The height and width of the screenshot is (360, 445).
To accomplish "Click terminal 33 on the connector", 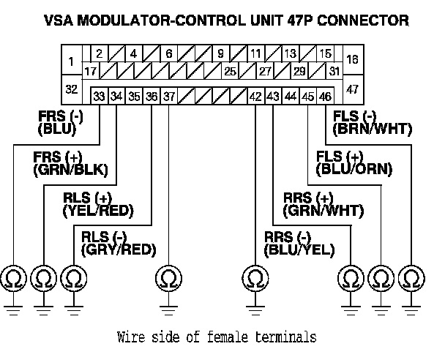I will pos(99,96).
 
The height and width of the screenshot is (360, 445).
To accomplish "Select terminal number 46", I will pos(326,96).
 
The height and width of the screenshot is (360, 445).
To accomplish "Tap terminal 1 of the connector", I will pos(70,61).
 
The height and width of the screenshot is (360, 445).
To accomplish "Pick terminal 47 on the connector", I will pos(352,89).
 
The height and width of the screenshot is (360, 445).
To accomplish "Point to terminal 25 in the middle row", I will pos(230,72).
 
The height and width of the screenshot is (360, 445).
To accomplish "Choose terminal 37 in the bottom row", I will pos(169,96).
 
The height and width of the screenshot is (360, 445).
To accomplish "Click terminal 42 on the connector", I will pos(255,96).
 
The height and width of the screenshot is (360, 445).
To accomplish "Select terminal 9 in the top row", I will pos(220,53).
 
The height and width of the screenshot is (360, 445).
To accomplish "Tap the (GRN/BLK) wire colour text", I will pos(70,170).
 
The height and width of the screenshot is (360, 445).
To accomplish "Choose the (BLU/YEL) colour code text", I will pos(299,250).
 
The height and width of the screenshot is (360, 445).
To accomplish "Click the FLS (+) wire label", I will pos(339,157).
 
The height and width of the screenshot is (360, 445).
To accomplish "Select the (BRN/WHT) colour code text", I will pos(372,130).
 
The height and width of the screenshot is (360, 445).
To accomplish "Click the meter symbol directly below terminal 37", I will pos(169,279).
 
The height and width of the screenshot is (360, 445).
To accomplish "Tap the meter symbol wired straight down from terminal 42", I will pos(255,279).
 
